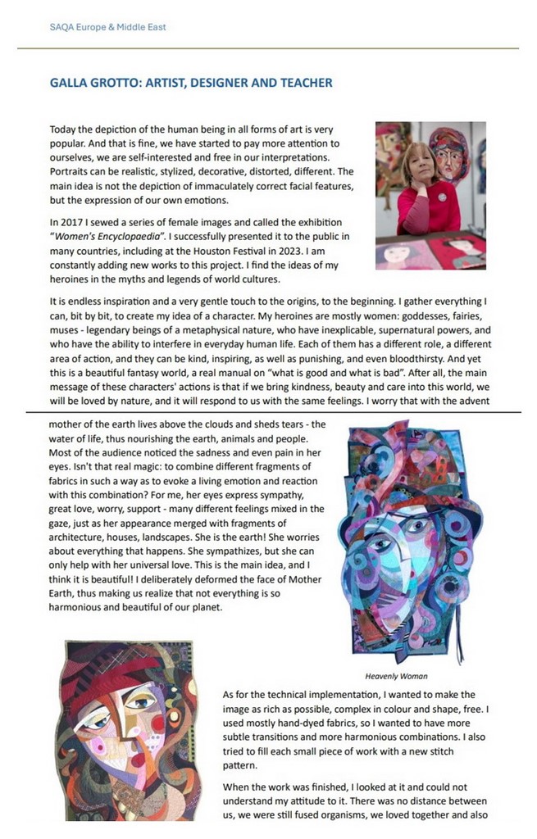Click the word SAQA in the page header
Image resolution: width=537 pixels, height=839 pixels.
63,27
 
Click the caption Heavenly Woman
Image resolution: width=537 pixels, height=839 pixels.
397,677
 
